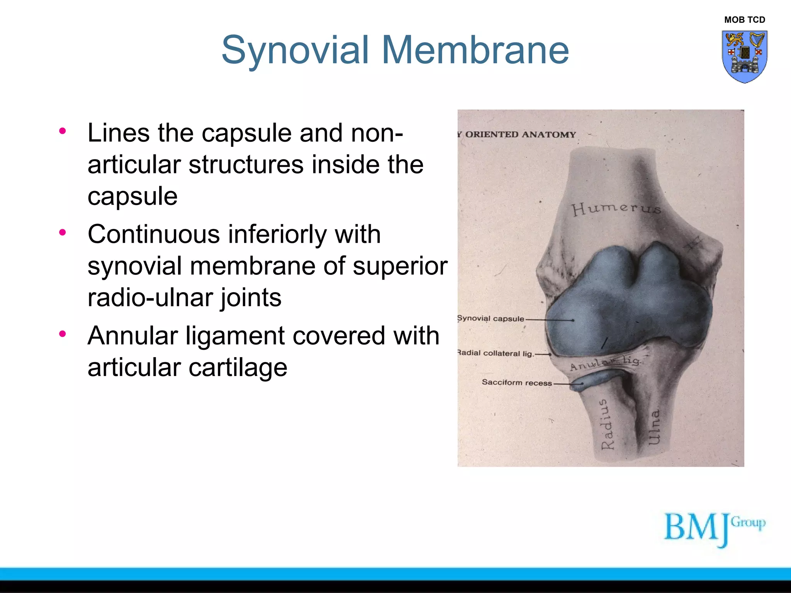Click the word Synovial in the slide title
[x=295, y=50]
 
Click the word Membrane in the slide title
[x=475, y=50]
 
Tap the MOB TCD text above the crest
[x=744, y=20]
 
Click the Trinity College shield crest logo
[x=744, y=56]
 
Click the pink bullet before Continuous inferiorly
[x=63, y=232]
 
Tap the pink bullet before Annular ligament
[x=63, y=334]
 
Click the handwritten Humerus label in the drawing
[x=616, y=208]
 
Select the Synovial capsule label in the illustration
[x=491, y=319]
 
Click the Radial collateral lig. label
[x=495, y=353]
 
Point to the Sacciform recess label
[x=517, y=383]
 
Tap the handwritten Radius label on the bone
[x=607, y=425]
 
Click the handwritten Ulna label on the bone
[x=654, y=427]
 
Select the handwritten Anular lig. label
[x=605, y=363]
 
